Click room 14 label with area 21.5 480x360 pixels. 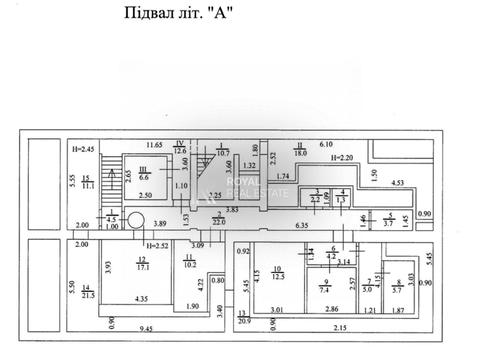click(87, 291)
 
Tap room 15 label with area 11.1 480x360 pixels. click(88, 182)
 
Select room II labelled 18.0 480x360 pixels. click(299, 150)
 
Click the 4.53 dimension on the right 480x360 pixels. click(397, 183)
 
